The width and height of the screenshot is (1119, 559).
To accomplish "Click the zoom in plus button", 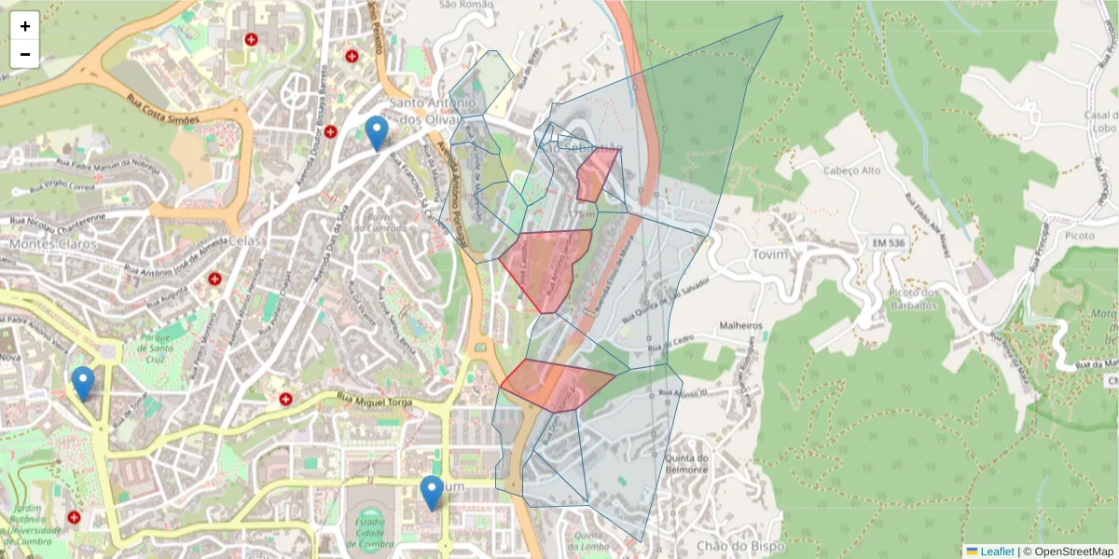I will (x=25, y=26).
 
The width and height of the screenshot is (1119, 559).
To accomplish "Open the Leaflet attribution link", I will (x=996, y=552).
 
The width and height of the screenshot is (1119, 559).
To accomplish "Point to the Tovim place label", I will (x=769, y=254).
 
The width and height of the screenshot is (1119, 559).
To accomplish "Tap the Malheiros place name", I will (x=741, y=326).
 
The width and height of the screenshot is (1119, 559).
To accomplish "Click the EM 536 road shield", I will (x=891, y=243).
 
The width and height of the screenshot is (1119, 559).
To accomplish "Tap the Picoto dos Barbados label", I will (x=911, y=299).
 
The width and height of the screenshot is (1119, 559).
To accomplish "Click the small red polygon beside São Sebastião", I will (x=596, y=174).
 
